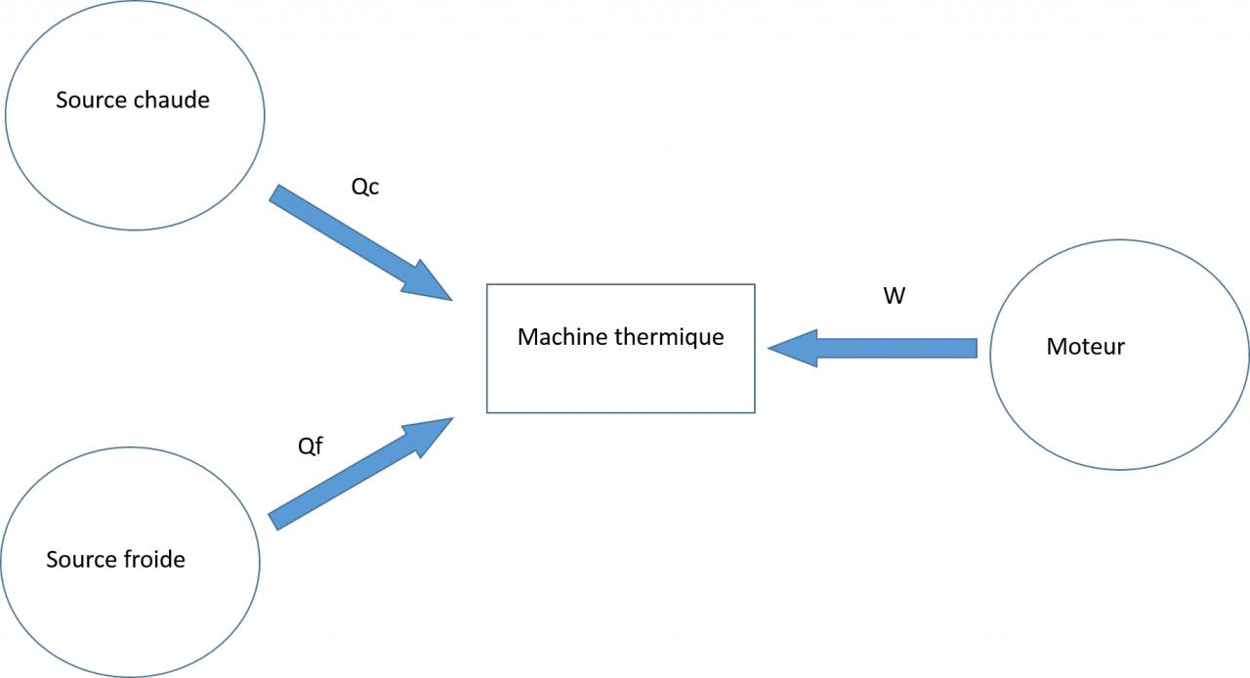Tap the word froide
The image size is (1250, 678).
pyautogui.click(x=154, y=560)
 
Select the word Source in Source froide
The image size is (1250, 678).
pyautogui.click(x=81, y=560)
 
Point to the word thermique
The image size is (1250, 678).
pyautogui.click(x=668, y=337)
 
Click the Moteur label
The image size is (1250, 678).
pyautogui.click(x=1085, y=346)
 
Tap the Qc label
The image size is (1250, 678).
pyautogui.click(x=364, y=187)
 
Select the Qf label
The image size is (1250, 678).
pyautogui.click(x=310, y=446)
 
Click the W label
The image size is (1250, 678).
pyautogui.click(x=894, y=296)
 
